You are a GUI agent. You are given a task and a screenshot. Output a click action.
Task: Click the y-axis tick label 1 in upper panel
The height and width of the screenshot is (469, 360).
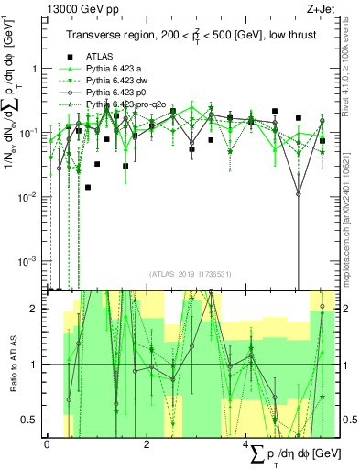coord(35,69)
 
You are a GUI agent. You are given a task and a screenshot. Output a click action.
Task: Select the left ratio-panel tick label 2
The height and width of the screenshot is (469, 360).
coord(35,309)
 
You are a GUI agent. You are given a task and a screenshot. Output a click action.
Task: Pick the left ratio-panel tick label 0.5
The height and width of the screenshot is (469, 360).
coord(30,420)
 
